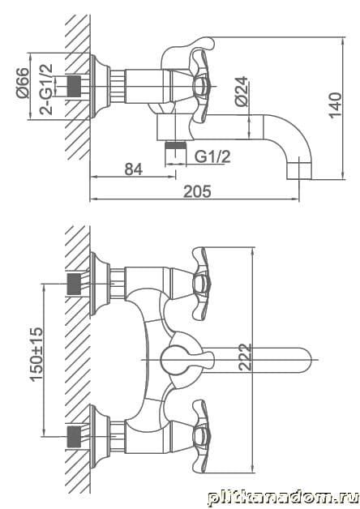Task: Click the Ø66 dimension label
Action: point(23,83)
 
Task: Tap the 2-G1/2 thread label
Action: point(46,89)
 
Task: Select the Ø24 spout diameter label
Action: point(241,92)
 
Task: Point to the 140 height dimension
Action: point(336,105)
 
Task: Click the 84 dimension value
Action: point(134,169)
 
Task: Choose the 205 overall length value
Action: point(197,191)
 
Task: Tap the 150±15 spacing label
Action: point(36,354)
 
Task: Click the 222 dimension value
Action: point(245,357)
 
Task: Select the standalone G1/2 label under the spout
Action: point(212,156)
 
